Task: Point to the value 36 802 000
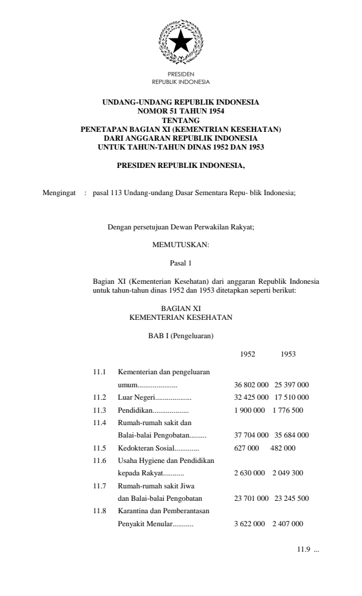[253, 384]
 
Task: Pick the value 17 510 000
[292, 397]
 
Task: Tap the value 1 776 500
[290, 410]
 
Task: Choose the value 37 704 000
[253, 435]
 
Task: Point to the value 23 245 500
[292, 498]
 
